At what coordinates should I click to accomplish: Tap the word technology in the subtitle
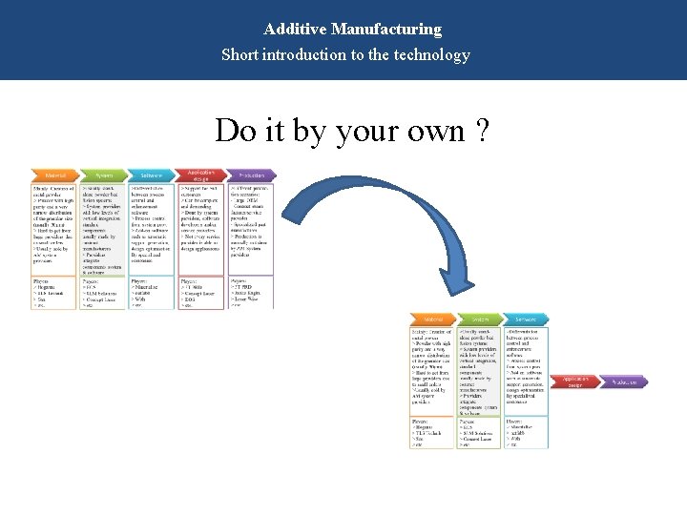click(x=427, y=54)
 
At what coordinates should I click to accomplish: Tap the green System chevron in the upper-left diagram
click(x=102, y=175)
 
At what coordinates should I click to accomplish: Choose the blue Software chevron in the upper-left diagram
click(x=152, y=175)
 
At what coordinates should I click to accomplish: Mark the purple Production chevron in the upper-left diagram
click(x=251, y=175)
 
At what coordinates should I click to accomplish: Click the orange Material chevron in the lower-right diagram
click(x=432, y=319)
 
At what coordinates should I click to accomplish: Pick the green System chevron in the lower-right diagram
click(x=481, y=319)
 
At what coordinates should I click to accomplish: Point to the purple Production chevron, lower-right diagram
click(x=624, y=382)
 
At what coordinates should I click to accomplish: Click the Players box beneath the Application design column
click(x=201, y=292)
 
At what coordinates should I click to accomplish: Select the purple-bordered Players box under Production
click(x=251, y=292)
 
